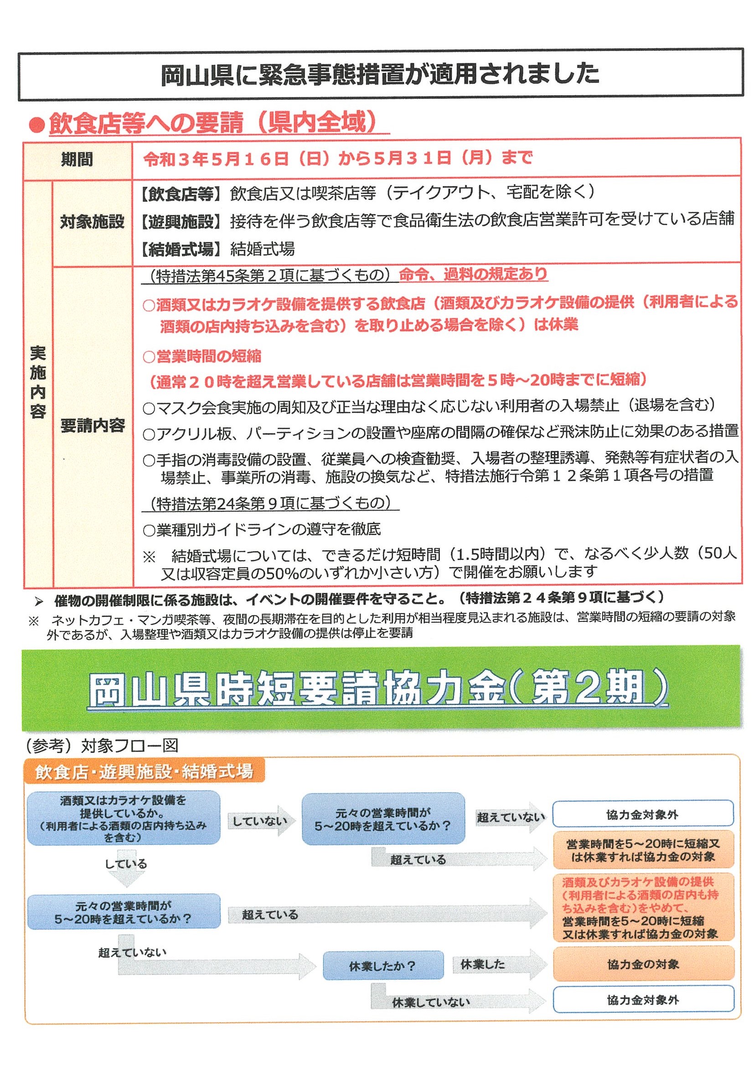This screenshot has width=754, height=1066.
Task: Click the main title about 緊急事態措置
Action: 380,74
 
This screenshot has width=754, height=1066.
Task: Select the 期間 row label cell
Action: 77,160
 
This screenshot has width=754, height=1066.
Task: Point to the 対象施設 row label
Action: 92,222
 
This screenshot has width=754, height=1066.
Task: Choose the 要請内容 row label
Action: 93,425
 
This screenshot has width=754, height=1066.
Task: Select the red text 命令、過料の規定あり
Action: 473,274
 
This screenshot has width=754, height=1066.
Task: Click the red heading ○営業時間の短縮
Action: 202,356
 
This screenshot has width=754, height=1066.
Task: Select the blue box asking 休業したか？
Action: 382,966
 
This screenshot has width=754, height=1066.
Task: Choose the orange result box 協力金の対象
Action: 643,964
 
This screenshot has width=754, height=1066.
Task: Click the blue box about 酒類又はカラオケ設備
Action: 123,819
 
